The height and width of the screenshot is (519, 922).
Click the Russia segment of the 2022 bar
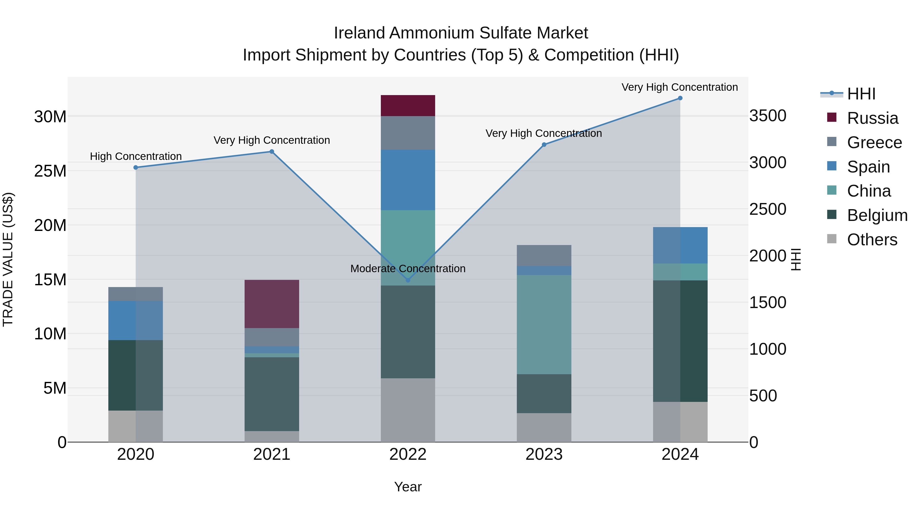[x=408, y=105]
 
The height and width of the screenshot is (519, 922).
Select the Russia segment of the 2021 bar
[x=272, y=304]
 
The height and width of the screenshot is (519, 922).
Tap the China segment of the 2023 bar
[x=544, y=324]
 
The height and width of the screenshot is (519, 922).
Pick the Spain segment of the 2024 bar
[x=680, y=245]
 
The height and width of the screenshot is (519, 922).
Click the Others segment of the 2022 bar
[x=408, y=410]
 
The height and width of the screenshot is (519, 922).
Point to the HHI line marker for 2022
[x=408, y=280]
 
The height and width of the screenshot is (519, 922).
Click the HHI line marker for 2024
[x=680, y=98]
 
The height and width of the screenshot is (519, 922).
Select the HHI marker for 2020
[x=136, y=167]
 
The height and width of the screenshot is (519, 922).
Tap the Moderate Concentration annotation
[x=408, y=268]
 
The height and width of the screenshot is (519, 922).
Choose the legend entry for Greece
[x=874, y=142]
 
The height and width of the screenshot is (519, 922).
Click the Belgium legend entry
[x=877, y=215]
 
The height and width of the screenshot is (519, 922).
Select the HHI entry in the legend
[x=861, y=94]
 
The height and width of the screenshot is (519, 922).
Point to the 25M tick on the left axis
[x=50, y=171]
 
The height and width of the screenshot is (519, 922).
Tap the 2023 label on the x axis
[x=544, y=454]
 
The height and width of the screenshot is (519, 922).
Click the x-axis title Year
[x=408, y=487]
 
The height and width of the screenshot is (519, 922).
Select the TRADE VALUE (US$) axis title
[x=8, y=259]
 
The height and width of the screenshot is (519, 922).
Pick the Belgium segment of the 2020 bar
[x=136, y=375]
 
